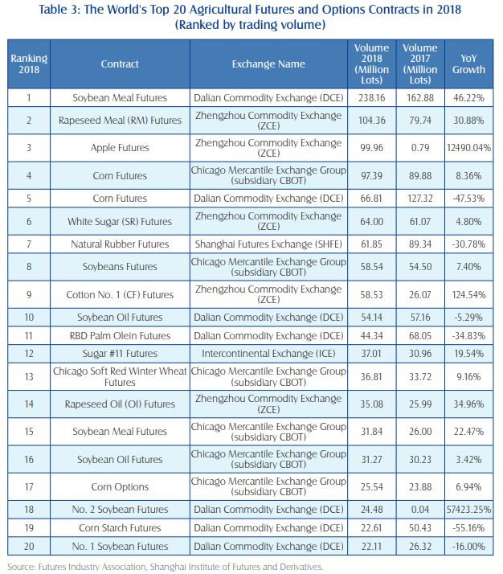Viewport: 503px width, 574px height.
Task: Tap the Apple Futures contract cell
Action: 120,149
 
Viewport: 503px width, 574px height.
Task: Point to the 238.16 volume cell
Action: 370,97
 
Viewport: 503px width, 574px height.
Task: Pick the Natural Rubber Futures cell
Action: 120,244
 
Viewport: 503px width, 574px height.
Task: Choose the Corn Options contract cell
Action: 120,486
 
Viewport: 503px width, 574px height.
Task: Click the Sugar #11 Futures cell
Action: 120,352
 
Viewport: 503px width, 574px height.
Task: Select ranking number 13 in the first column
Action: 28,377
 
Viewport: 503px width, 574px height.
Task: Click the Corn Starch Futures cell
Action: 120,528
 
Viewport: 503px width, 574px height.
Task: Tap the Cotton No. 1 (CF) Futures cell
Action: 120,295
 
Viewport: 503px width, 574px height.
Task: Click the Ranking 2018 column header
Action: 28,64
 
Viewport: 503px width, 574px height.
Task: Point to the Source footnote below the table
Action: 166,567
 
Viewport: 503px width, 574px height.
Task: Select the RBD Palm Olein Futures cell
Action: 120,335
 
